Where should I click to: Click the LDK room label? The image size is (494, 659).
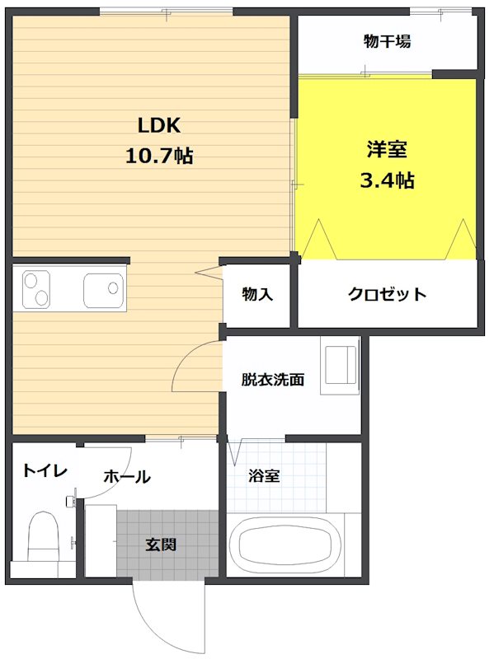[158, 125]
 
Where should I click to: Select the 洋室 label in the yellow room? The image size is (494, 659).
[387, 151]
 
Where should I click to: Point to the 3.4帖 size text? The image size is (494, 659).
[387, 180]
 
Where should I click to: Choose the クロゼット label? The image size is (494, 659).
[387, 294]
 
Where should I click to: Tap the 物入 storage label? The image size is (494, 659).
[256, 294]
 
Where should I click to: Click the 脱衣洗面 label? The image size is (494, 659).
[273, 380]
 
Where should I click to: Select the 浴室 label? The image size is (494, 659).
[264, 476]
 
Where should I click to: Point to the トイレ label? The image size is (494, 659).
[45, 470]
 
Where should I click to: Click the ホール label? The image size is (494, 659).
[126, 476]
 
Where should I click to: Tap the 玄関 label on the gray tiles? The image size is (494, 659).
[161, 544]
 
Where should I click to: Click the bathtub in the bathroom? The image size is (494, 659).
[285, 544]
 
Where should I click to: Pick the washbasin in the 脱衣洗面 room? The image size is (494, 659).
[339, 365]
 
